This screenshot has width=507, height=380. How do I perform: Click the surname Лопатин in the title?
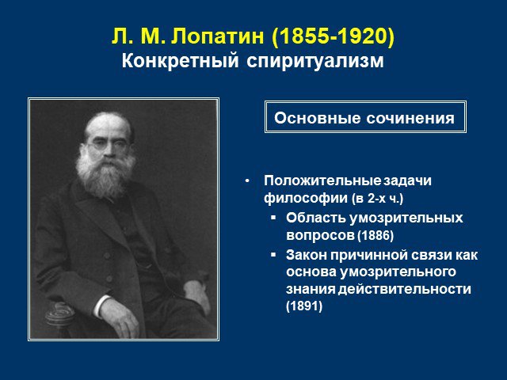pyautogui.click(x=217, y=36)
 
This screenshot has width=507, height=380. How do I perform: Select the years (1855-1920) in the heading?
pyautogui.click(x=334, y=36)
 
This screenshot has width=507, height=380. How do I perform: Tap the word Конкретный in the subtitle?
pyautogui.click(x=180, y=61)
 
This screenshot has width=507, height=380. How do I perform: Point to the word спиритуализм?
pyautogui.click(x=315, y=62)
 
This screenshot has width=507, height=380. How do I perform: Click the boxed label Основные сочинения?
pyautogui.click(x=364, y=118)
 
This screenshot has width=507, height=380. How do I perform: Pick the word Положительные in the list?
pyautogui.click(x=322, y=180)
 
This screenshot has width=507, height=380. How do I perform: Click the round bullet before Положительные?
pyautogui.click(x=247, y=181)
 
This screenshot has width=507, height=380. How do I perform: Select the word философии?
pyautogui.click(x=306, y=199)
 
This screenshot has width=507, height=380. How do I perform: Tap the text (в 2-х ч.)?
pyautogui.click(x=378, y=199)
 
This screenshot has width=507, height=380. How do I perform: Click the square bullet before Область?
pyautogui.click(x=273, y=218)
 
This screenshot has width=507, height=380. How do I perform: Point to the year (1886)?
pyautogui.click(x=375, y=236)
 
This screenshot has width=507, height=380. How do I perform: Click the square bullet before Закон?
pyautogui.click(x=273, y=255)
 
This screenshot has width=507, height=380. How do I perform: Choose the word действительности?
pyautogui.click(x=405, y=289)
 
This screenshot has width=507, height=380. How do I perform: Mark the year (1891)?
pyautogui.click(x=304, y=306)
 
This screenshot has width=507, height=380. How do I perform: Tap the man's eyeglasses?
pyautogui.click(x=107, y=144)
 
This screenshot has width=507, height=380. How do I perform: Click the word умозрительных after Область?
pyautogui.click(x=406, y=218)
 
